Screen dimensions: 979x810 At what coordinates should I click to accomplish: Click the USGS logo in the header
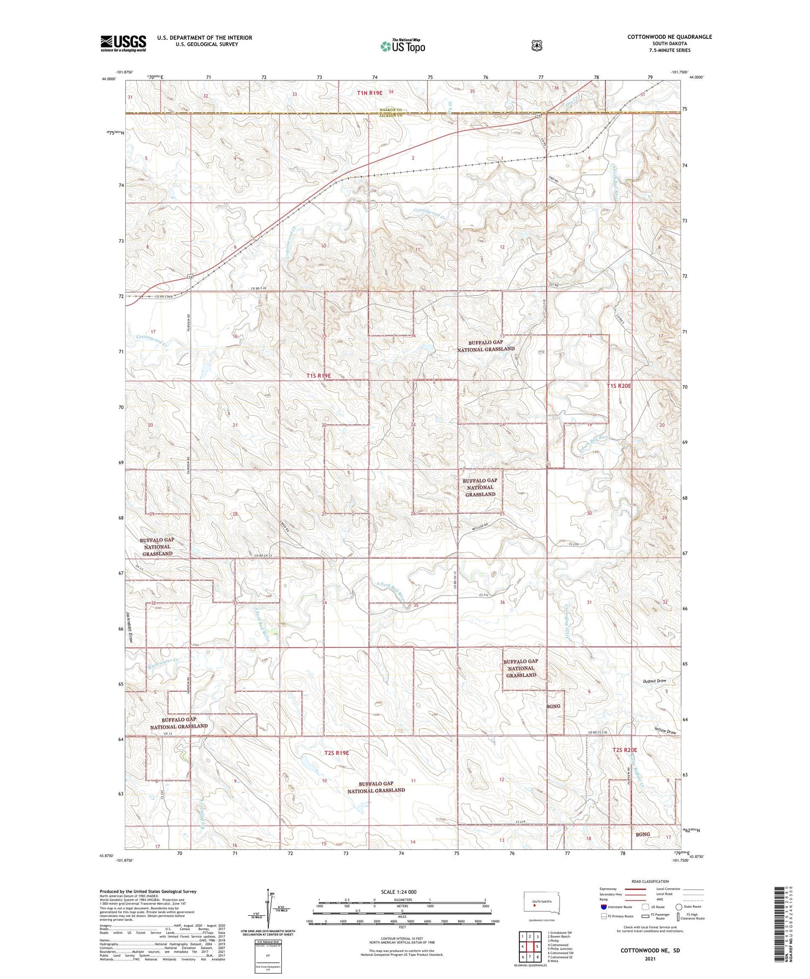tap(123, 43)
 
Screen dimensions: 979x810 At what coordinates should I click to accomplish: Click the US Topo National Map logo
tap(402, 46)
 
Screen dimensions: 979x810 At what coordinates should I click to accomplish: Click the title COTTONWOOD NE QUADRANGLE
tap(669, 37)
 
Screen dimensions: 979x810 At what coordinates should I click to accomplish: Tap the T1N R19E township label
tap(369, 93)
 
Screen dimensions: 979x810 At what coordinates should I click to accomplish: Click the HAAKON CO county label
tap(390, 110)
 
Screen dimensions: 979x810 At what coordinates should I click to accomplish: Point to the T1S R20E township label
tap(619, 386)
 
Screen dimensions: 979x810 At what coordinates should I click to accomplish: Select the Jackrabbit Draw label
tap(130, 626)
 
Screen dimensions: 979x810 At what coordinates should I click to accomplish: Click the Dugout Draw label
tap(656, 681)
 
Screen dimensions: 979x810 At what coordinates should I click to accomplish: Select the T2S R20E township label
tap(625, 750)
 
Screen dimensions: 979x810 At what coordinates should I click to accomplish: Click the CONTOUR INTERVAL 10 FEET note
tap(402, 939)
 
